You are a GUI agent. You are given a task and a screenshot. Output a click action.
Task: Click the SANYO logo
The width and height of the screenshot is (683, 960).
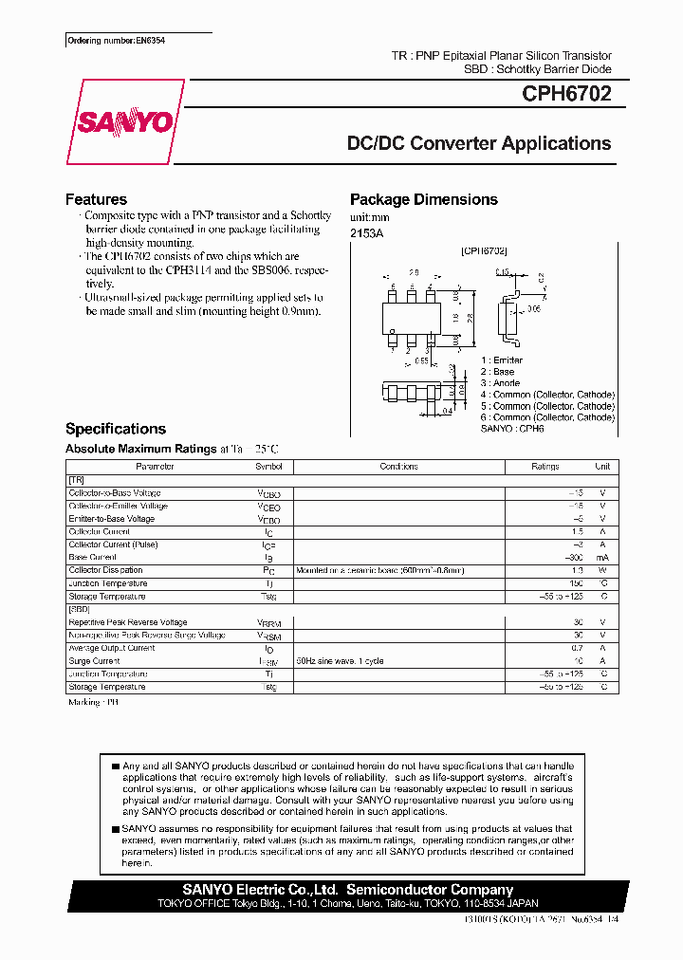point(124,123)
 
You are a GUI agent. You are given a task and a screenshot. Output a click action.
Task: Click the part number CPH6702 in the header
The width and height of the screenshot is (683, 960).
point(566,94)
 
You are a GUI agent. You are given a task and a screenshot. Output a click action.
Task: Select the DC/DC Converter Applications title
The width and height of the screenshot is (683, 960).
point(478,144)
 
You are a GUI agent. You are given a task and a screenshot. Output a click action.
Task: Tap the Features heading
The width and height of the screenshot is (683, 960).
point(96,199)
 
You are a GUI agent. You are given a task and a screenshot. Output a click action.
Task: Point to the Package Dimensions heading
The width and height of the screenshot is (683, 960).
point(423,199)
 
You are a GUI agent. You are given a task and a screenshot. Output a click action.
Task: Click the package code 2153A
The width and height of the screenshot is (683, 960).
point(366,232)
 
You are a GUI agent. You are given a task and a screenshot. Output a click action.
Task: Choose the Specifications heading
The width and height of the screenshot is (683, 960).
point(115,429)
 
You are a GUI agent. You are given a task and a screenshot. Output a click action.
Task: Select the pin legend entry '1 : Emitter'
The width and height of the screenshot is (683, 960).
point(501,360)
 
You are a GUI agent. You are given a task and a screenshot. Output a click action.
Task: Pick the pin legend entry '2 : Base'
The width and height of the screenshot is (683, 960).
point(497,372)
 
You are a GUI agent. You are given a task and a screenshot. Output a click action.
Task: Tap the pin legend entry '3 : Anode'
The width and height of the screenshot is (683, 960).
point(500,383)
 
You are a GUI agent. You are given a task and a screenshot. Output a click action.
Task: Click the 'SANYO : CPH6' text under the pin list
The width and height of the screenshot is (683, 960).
point(511,429)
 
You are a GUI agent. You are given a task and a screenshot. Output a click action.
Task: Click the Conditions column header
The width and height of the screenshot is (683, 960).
point(398,467)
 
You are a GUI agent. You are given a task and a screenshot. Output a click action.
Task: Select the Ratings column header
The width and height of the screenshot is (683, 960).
point(545,467)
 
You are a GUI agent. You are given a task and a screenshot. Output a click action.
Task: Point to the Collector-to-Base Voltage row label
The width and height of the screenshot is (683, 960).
point(115,493)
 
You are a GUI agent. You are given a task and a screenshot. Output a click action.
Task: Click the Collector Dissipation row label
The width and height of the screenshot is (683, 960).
point(106,570)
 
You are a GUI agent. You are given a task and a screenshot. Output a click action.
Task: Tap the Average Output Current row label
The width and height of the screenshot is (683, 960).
point(111,648)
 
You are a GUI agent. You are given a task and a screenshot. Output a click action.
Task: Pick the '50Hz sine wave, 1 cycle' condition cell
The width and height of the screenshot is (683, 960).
point(340,661)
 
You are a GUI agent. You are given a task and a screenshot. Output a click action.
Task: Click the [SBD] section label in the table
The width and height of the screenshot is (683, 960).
point(79,609)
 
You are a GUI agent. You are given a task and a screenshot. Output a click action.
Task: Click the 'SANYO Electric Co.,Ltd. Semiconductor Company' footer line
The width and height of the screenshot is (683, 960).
point(347,890)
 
